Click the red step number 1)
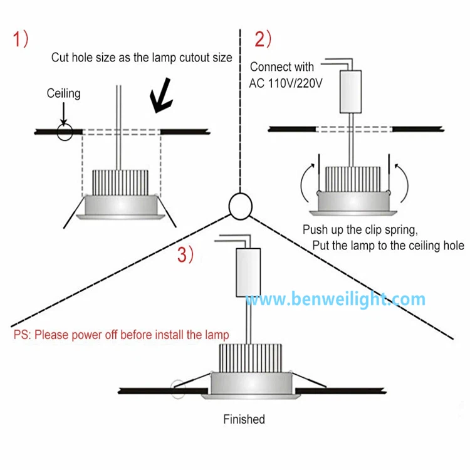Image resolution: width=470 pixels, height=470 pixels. (21, 39)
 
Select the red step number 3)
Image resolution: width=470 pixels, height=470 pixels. (185, 254)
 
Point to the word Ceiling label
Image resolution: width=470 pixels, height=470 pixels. (63, 94)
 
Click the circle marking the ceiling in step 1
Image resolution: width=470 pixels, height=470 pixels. (64, 132)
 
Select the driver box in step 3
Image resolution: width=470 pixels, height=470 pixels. (247, 271)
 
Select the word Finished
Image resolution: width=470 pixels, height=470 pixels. (244, 419)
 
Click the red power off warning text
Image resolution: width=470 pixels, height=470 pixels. (121, 335)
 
